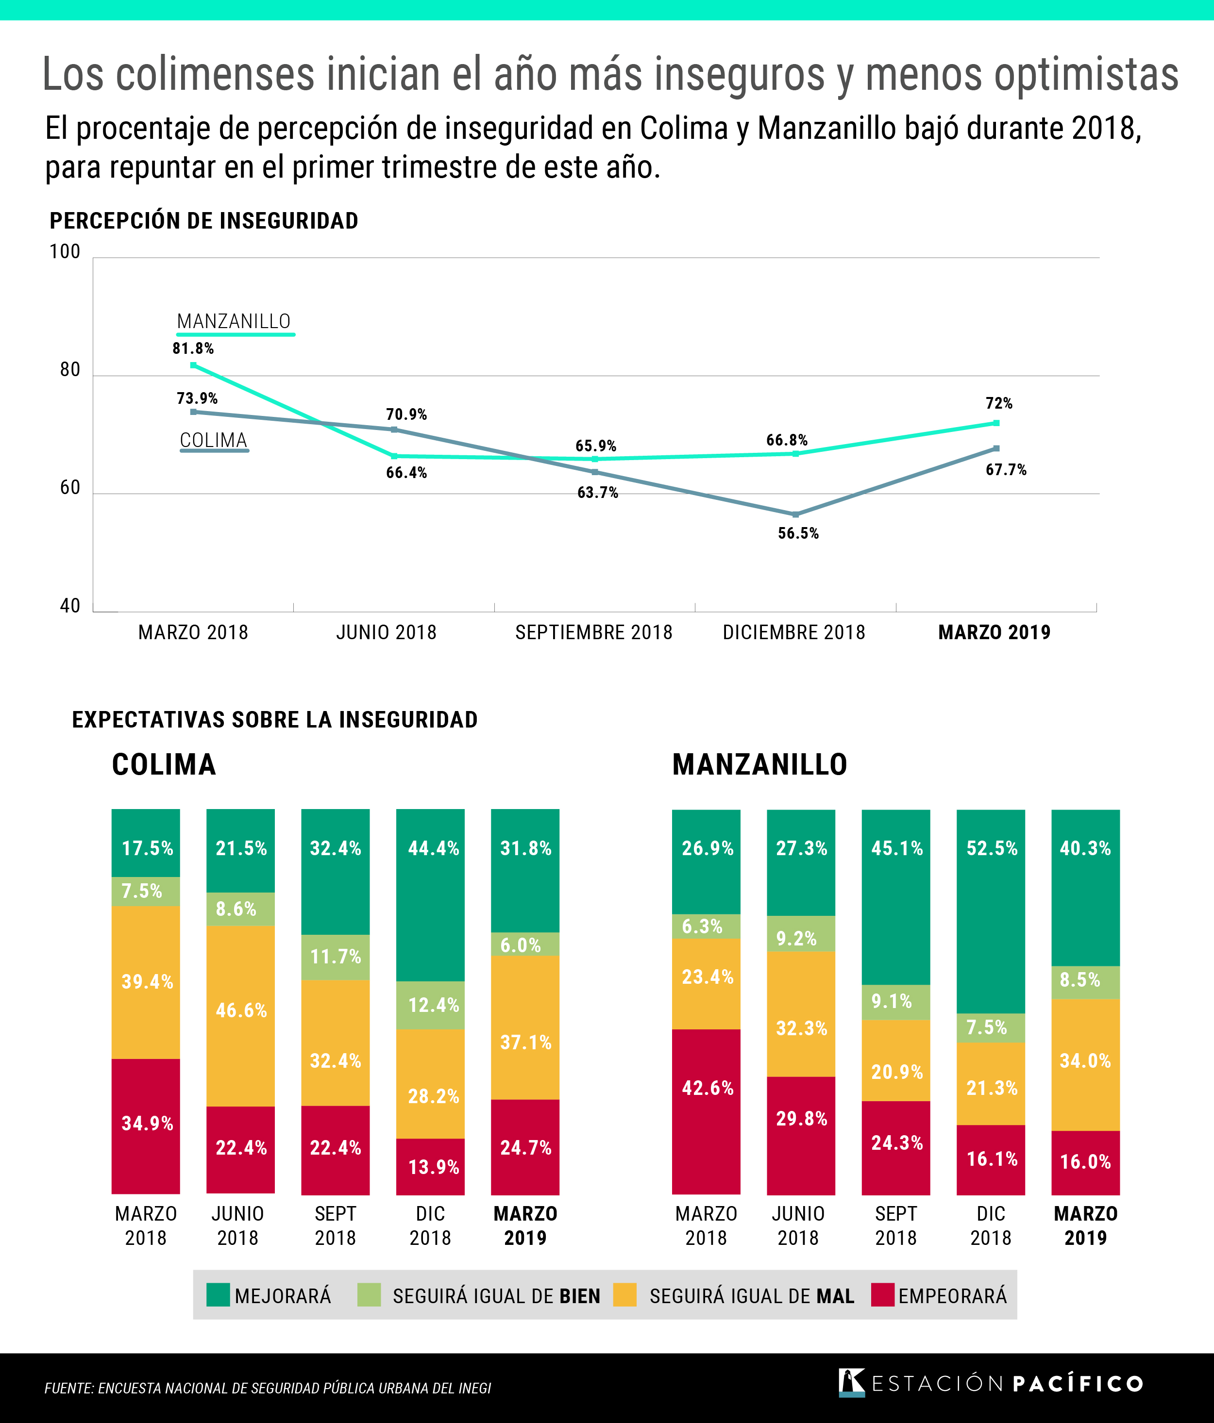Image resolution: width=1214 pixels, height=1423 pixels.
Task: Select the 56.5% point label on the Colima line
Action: (798, 534)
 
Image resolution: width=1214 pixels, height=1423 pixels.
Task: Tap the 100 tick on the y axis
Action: (65, 252)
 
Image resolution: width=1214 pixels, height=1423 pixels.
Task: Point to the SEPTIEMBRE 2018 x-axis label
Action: (593, 632)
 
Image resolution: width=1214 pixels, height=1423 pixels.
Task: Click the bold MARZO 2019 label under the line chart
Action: (994, 632)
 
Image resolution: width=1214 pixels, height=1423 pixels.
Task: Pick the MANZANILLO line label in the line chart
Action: (234, 321)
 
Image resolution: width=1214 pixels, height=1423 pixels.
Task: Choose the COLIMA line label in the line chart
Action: (214, 440)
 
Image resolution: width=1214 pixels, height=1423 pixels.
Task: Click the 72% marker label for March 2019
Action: (999, 403)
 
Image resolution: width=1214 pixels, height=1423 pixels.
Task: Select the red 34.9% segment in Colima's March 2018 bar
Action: (146, 1124)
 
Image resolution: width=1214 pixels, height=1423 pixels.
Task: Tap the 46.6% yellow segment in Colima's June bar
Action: (240, 1010)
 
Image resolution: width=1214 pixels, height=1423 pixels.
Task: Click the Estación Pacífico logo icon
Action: (851, 1383)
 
